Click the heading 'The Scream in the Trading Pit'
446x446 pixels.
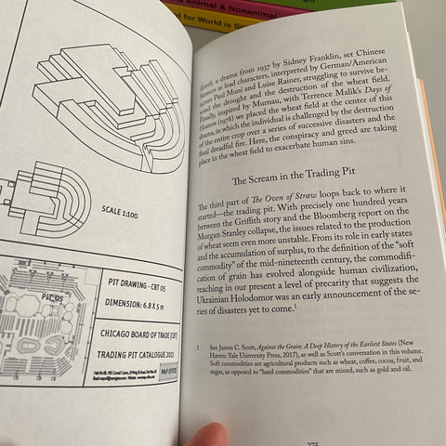click(x=309, y=181)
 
